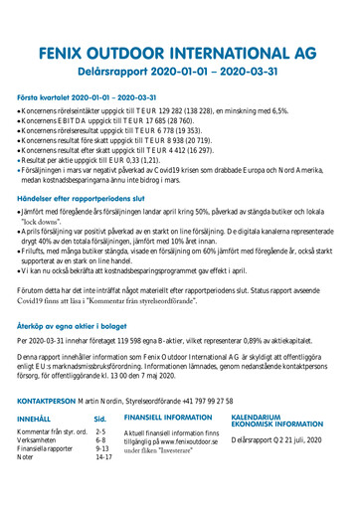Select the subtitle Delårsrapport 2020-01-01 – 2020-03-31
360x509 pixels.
pyautogui.click(x=179, y=72)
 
